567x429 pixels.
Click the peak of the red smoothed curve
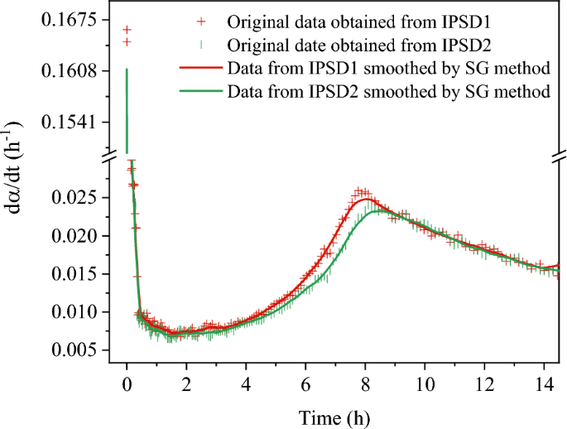coord(366,200)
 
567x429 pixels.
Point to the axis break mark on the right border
coord(560,155)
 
